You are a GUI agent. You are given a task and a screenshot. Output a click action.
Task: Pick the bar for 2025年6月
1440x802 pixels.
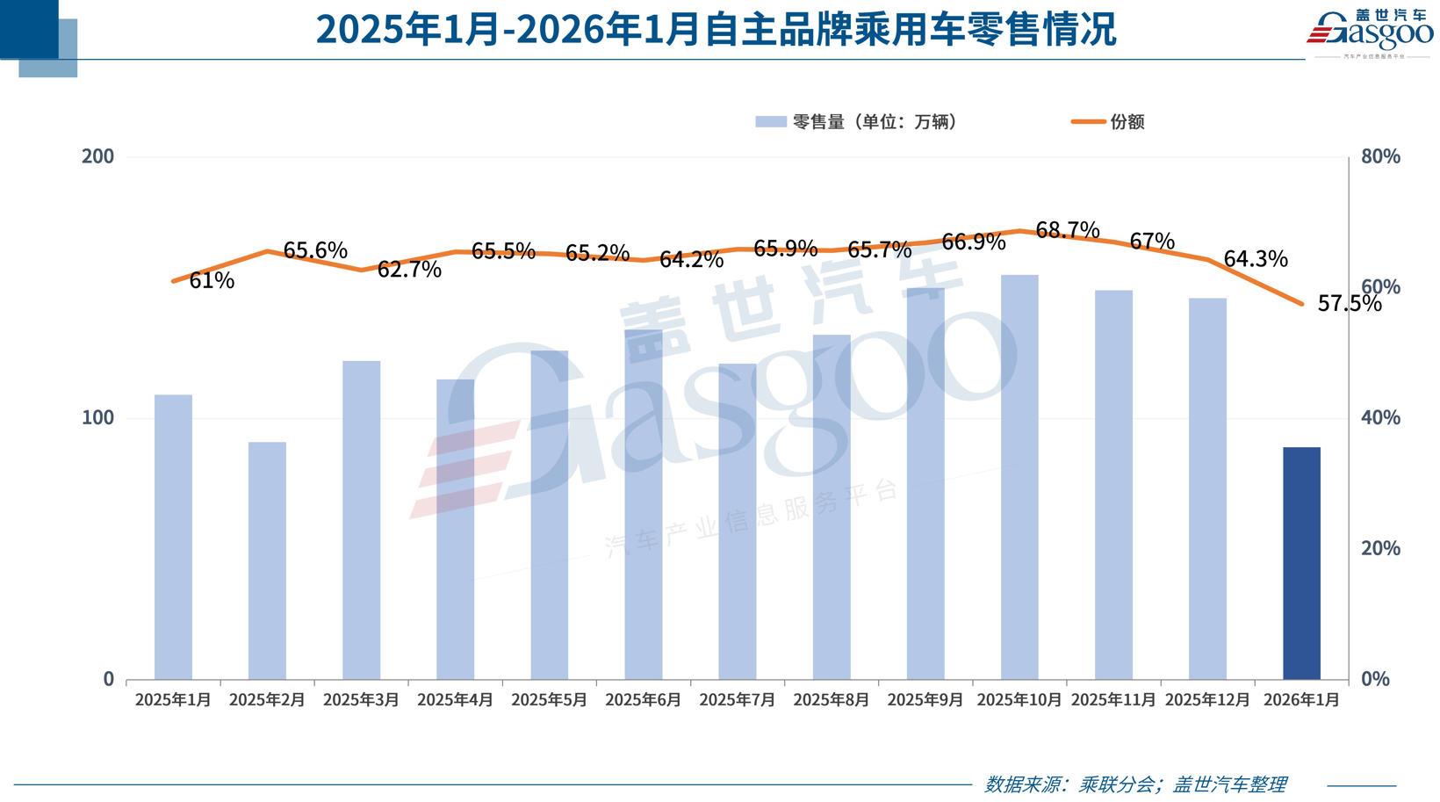point(644,504)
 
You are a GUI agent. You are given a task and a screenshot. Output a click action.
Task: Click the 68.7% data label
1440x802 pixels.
point(1068,230)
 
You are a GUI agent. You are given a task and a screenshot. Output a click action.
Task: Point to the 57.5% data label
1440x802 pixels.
point(1350,304)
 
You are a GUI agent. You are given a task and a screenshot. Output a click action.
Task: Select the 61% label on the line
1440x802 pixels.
point(212,281)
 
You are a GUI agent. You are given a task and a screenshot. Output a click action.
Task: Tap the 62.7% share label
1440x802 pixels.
point(409,270)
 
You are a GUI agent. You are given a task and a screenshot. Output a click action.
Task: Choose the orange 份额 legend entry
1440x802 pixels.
point(1108,122)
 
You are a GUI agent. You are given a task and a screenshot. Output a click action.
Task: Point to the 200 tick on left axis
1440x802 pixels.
point(97,156)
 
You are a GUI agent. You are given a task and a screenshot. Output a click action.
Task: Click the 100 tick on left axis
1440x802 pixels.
point(97,417)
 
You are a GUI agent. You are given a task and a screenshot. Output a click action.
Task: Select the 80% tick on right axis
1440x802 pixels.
point(1380,156)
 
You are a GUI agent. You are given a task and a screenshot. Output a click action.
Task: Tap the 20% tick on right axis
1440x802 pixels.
point(1380,548)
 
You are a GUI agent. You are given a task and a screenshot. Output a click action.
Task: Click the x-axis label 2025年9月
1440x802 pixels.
point(925,700)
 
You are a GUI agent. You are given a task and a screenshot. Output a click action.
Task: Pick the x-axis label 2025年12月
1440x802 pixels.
point(1207,700)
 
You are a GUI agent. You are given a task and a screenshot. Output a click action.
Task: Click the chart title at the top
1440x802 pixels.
point(716,30)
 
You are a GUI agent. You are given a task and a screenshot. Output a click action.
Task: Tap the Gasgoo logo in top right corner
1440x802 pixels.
point(1370,33)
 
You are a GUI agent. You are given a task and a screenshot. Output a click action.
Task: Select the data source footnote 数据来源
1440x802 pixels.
point(1135,784)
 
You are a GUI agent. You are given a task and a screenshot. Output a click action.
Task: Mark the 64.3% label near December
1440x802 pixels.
point(1256,259)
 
